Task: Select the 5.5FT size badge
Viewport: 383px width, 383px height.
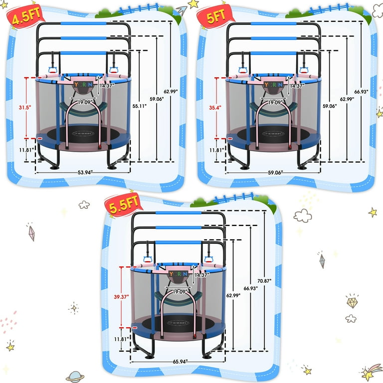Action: click(120, 204)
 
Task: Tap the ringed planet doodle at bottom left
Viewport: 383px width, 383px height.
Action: click(75, 376)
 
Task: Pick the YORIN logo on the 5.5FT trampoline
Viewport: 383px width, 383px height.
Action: click(178, 274)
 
